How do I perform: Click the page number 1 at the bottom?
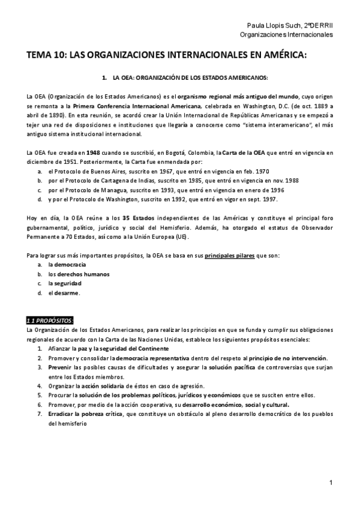[331, 483]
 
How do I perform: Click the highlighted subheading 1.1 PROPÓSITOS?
[50, 319]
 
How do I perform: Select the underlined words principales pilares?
[229, 255]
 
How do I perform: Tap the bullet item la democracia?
[67, 264]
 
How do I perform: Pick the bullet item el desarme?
[64, 293]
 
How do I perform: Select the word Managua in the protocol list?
[106, 190]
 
